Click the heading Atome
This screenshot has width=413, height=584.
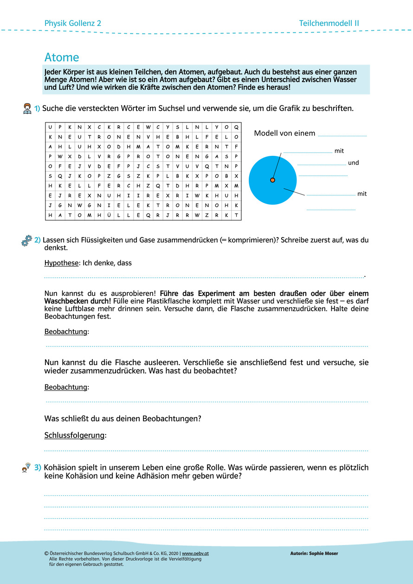click(62, 57)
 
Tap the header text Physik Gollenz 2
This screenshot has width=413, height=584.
click(72, 23)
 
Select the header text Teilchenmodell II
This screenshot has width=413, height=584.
click(329, 23)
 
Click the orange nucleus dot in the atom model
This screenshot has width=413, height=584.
click(272, 180)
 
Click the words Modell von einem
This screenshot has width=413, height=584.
click(284, 134)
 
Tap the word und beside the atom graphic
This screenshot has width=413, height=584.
click(354, 163)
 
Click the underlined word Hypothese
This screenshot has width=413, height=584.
click(61, 263)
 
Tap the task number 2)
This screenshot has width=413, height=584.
click(38, 240)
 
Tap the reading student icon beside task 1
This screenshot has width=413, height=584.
click(27, 109)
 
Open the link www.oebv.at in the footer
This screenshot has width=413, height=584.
click(195, 553)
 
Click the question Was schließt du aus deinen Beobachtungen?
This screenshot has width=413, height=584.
click(123, 418)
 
